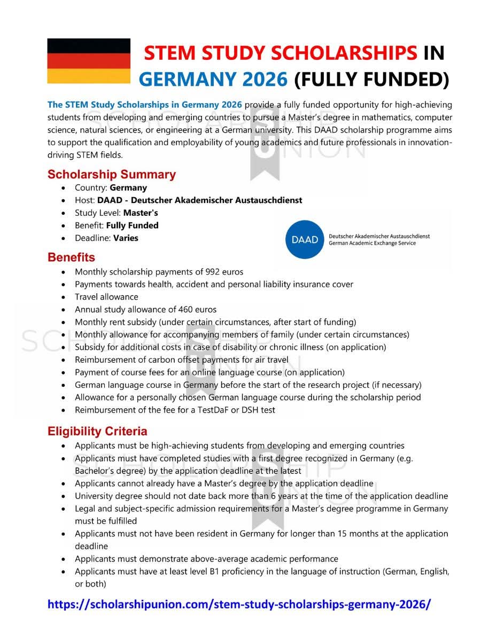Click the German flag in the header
tap(89, 61)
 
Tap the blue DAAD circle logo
tap(305, 239)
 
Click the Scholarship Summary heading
tap(111, 174)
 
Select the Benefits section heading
tap(71, 257)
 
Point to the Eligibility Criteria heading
tap(97, 431)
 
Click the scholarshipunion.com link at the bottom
tap(239, 604)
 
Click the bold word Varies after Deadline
tap(126, 238)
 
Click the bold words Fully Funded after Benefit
tap(132, 225)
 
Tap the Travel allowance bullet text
tap(106, 297)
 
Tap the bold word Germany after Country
tap(128, 187)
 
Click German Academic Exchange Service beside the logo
tap(372, 243)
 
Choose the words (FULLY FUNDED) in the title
tap(371, 79)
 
